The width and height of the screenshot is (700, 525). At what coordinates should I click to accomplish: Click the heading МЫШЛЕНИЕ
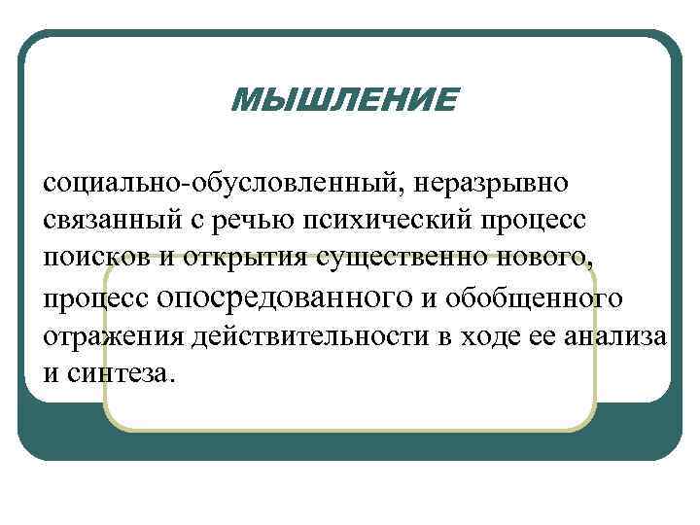pyautogui.click(x=343, y=98)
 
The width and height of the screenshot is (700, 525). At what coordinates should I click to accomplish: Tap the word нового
pyautogui.click(x=547, y=257)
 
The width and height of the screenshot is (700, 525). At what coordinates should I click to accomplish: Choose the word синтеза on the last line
pyautogui.click(x=121, y=373)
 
